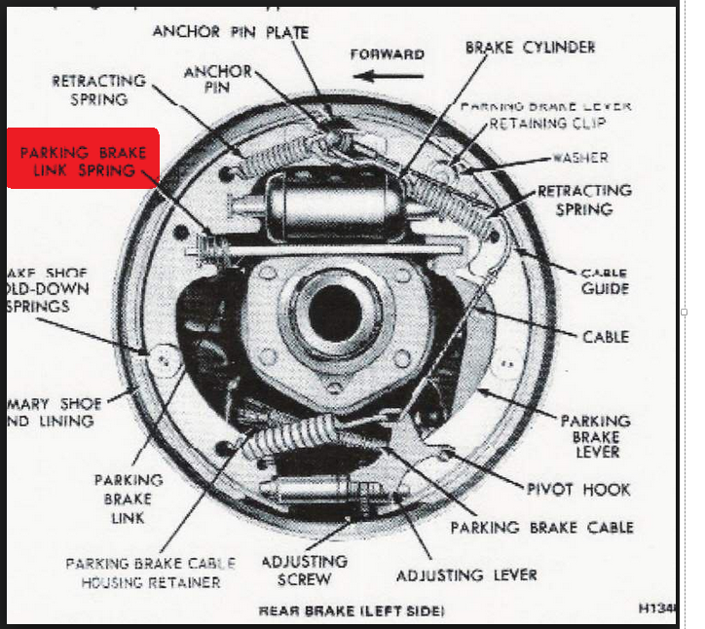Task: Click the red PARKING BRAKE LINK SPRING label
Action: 82,161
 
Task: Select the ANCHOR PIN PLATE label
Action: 231,32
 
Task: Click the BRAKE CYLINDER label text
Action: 530,47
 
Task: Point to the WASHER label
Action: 580,157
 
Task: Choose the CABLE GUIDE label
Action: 604,281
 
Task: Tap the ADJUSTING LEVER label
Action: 466,574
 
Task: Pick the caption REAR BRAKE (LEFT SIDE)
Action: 352,611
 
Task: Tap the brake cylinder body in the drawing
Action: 331,205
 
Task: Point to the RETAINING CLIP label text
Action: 547,124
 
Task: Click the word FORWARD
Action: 387,54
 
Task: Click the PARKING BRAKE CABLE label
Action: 541,527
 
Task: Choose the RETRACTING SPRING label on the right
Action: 584,200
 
